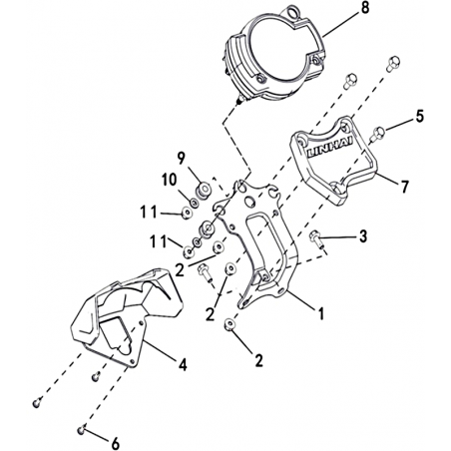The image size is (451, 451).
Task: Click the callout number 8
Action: (x=365, y=8)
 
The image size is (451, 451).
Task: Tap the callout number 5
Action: (x=420, y=117)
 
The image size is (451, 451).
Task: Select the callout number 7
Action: (x=404, y=187)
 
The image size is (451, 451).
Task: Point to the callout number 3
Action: (x=363, y=236)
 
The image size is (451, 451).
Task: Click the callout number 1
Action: (x=321, y=313)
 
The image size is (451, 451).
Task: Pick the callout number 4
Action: (x=183, y=365)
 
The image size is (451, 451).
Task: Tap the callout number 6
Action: (x=115, y=444)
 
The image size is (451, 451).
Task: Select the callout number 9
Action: (x=181, y=159)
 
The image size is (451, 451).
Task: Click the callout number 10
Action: (x=170, y=181)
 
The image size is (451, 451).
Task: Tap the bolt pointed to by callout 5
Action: (x=378, y=134)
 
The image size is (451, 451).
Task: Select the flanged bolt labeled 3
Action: (x=315, y=238)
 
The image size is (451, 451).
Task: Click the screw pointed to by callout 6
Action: (x=81, y=430)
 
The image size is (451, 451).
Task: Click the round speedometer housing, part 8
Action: (x=271, y=53)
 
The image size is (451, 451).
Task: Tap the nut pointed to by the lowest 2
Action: (x=229, y=324)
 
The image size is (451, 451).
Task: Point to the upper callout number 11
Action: (x=148, y=213)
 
